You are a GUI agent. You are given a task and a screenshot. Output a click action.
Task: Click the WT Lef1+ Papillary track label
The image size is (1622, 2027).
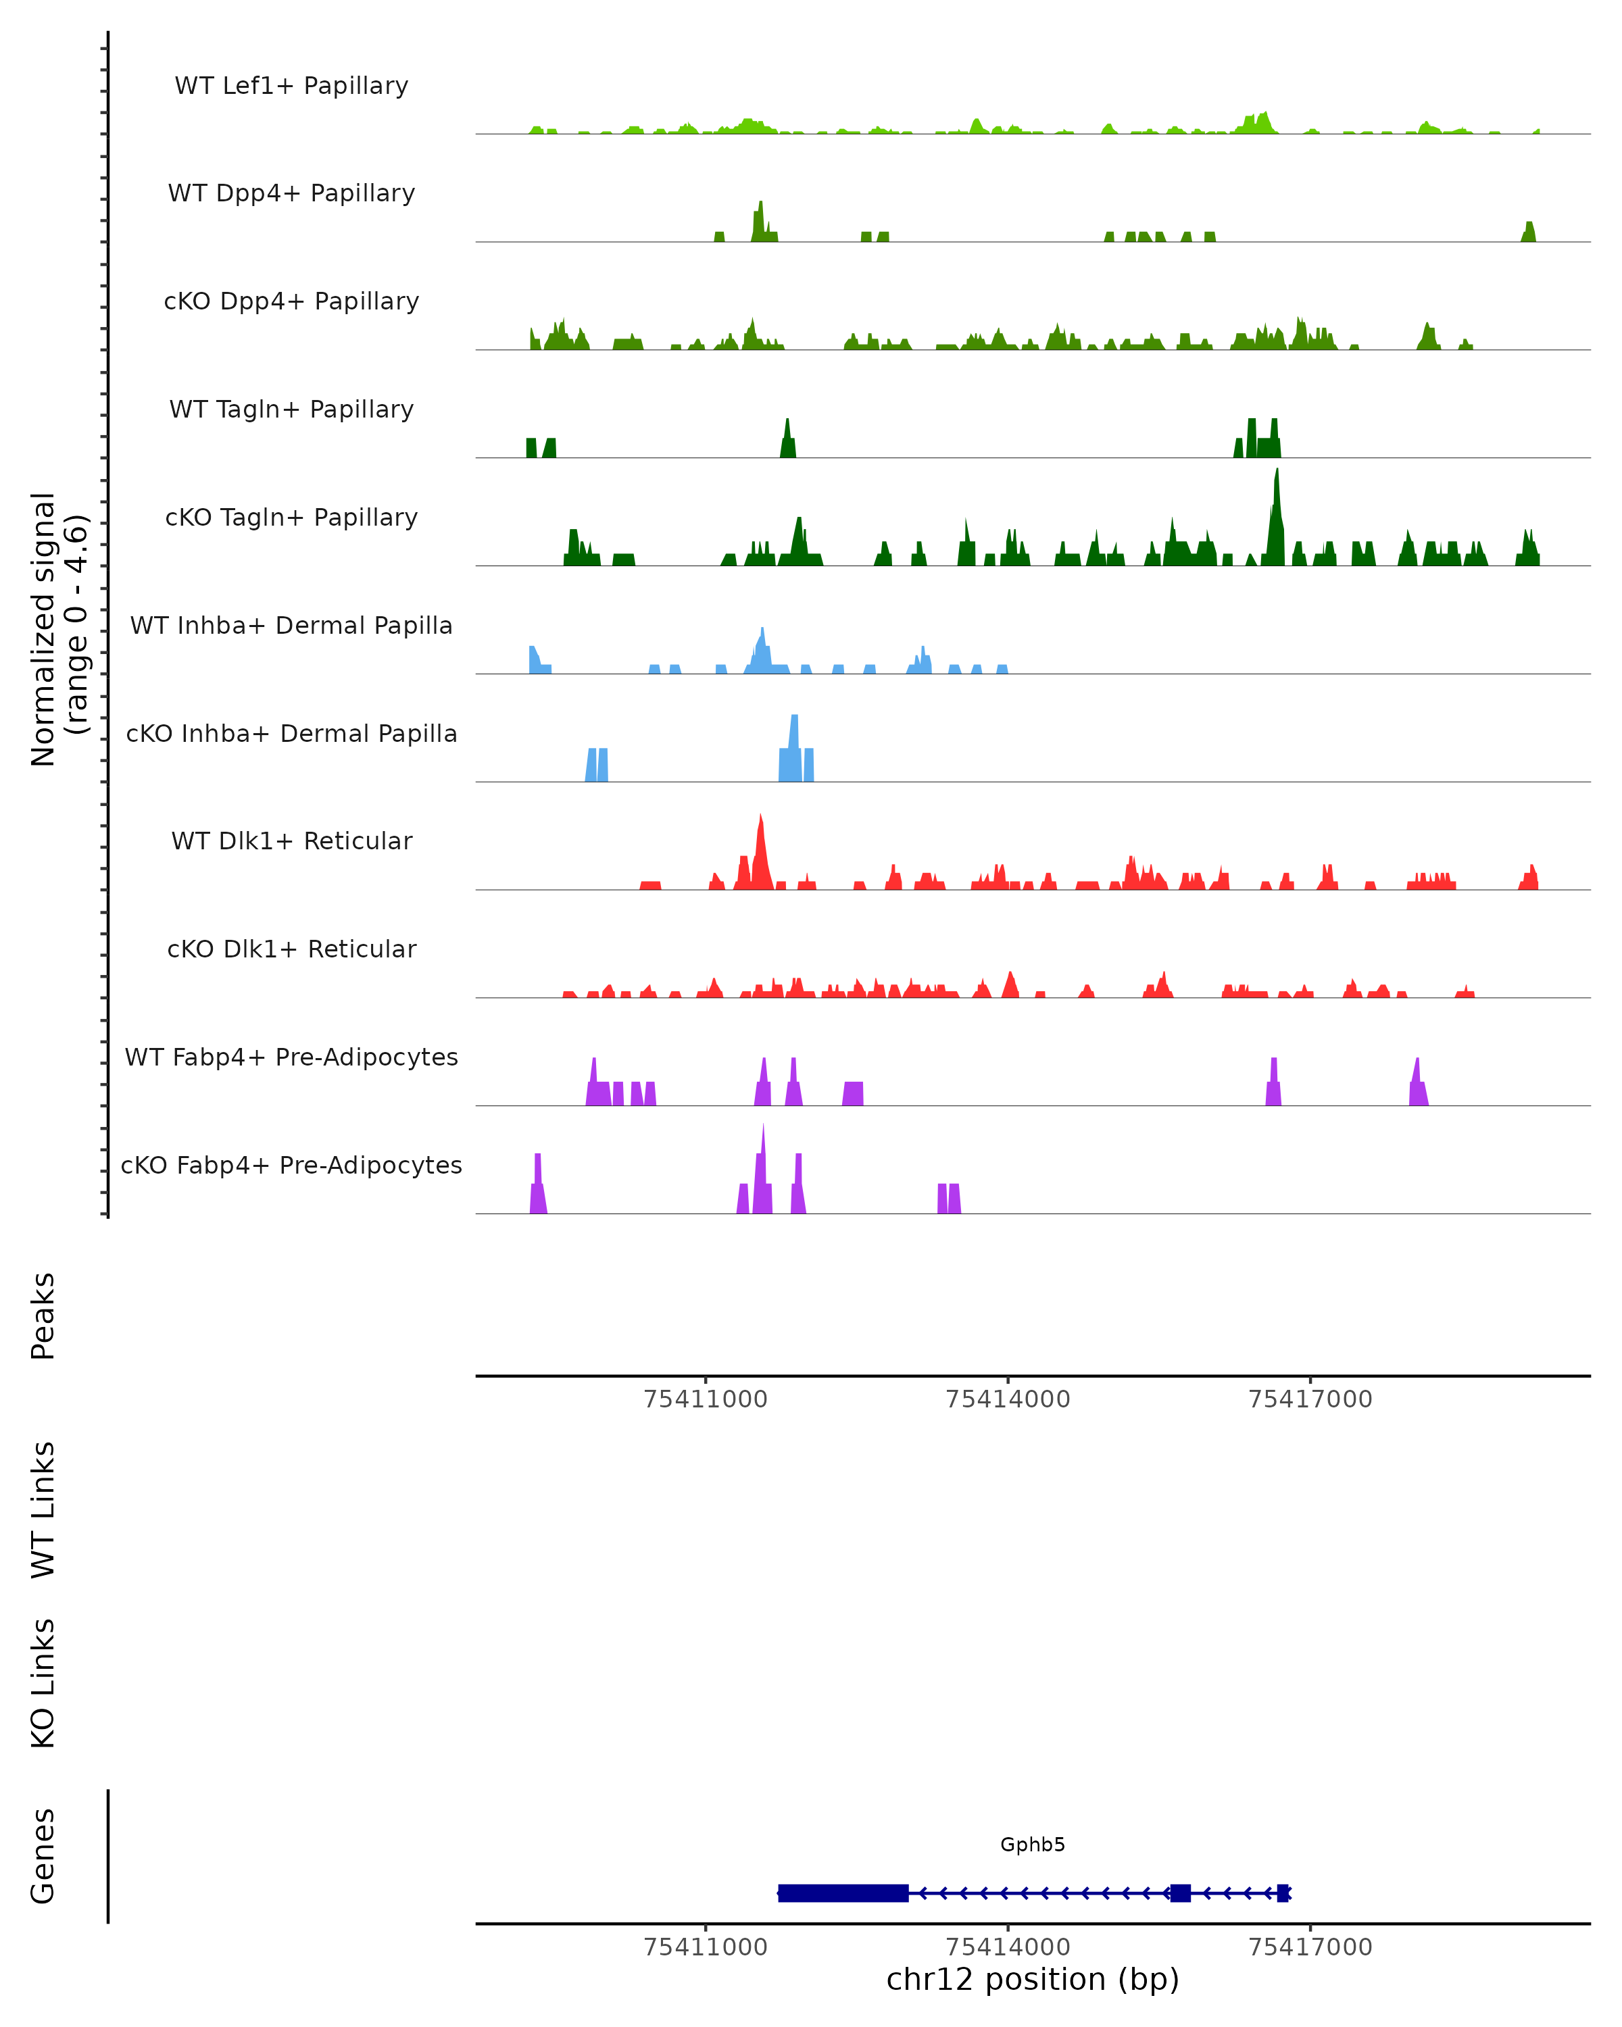pyautogui.click(x=291, y=86)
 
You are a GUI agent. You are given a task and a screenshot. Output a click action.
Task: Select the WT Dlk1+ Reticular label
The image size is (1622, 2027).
pyautogui.click(x=291, y=841)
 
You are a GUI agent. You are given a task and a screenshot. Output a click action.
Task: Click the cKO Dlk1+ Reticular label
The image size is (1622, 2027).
pyautogui.click(x=291, y=949)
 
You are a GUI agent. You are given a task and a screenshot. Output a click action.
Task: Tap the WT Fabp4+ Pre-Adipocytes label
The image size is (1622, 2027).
pyautogui.click(x=291, y=1057)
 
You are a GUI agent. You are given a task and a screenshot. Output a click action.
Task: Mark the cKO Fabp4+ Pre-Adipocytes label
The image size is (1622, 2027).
pyautogui.click(x=291, y=1165)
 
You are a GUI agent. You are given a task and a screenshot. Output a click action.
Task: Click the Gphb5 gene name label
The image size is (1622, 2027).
pyautogui.click(x=1033, y=1845)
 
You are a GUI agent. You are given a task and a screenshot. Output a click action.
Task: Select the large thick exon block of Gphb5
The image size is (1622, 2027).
pyautogui.click(x=843, y=1893)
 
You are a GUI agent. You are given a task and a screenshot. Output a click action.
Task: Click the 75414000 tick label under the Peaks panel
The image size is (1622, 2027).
pyautogui.click(x=1007, y=1399)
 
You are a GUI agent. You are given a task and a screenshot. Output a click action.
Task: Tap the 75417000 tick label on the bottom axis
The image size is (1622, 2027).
pyautogui.click(x=1310, y=1947)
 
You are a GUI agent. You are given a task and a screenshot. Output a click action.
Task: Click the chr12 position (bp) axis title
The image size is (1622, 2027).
pyautogui.click(x=1033, y=1980)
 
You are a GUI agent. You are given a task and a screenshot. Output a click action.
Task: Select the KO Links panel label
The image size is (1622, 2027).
pyautogui.click(x=43, y=1683)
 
